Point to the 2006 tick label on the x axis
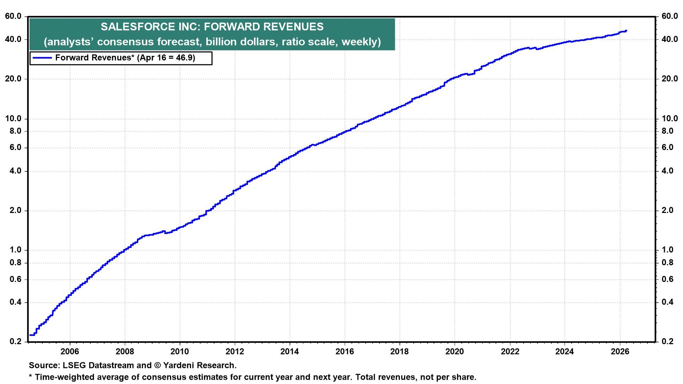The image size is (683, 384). tap(70, 352)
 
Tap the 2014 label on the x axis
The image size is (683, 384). tap(290, 352)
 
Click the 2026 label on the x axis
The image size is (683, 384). tap(620, 352)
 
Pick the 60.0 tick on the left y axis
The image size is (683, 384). tap(14, 17)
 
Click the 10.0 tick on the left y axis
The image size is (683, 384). tap(14, 119)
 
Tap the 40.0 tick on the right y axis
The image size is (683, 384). tap(669, 39)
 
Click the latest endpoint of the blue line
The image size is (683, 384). tap(626, 31)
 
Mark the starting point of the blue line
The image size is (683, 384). tap(30, 335)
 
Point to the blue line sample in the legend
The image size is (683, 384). tap(42, 58)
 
